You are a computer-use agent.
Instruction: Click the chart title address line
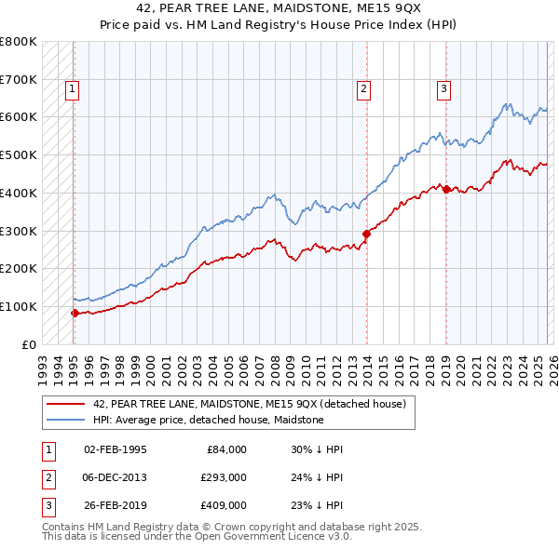click(x=279, y=9)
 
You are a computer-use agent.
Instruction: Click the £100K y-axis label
click(x=19, y=306)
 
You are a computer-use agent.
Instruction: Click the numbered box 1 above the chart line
click(x=73, y=89)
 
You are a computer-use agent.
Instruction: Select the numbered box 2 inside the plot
click(x=362, y=89)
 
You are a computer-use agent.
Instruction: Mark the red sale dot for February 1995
click(x=75, y=313)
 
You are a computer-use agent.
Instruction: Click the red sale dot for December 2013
click(x=366, y=234)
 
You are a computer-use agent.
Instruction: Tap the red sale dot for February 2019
click(x=446, y=190)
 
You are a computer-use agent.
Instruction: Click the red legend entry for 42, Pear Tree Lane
click(x=249, y=405)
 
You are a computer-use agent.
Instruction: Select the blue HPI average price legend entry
click(x=208, y=421)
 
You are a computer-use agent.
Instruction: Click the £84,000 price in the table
click(x=225, y=449)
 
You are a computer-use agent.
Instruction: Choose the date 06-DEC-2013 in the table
click(x=115, y=478)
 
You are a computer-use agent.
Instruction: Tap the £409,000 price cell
click(x=224, y=507)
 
